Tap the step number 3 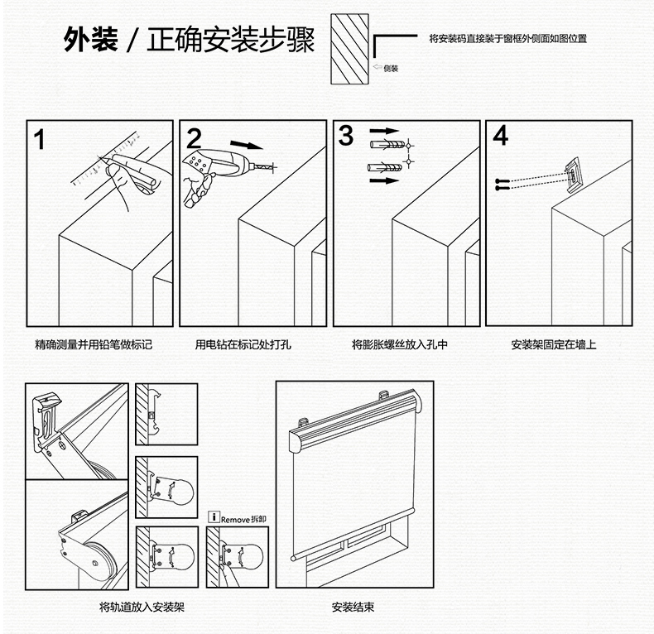346,135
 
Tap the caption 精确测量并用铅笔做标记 94,344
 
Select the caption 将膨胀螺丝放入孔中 400,344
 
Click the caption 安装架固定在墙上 554,344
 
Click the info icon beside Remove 214,519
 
